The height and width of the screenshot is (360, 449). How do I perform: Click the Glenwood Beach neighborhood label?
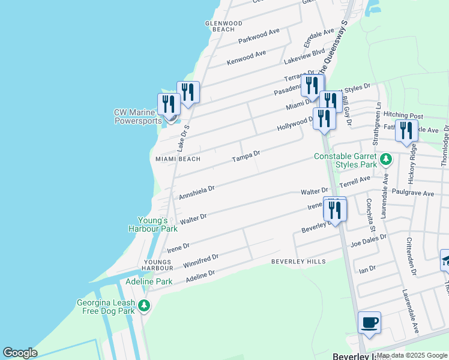point(223,26)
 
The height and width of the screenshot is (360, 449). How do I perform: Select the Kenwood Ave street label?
point(246,58)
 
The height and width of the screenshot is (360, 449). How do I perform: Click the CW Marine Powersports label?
point(138,116)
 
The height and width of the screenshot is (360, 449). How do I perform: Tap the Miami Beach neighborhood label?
point(178,159)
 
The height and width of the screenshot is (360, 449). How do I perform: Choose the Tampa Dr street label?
point(246,157)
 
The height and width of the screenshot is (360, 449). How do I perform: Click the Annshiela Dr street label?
point(197,192)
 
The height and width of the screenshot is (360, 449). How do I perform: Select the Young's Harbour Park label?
point(153,224)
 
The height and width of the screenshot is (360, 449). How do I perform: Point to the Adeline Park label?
point(149,281)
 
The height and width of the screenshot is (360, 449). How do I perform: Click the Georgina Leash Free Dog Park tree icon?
point(144,306)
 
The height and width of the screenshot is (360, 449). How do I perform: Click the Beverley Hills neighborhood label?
point(298,262)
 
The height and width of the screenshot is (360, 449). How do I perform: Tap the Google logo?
point(20,353)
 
